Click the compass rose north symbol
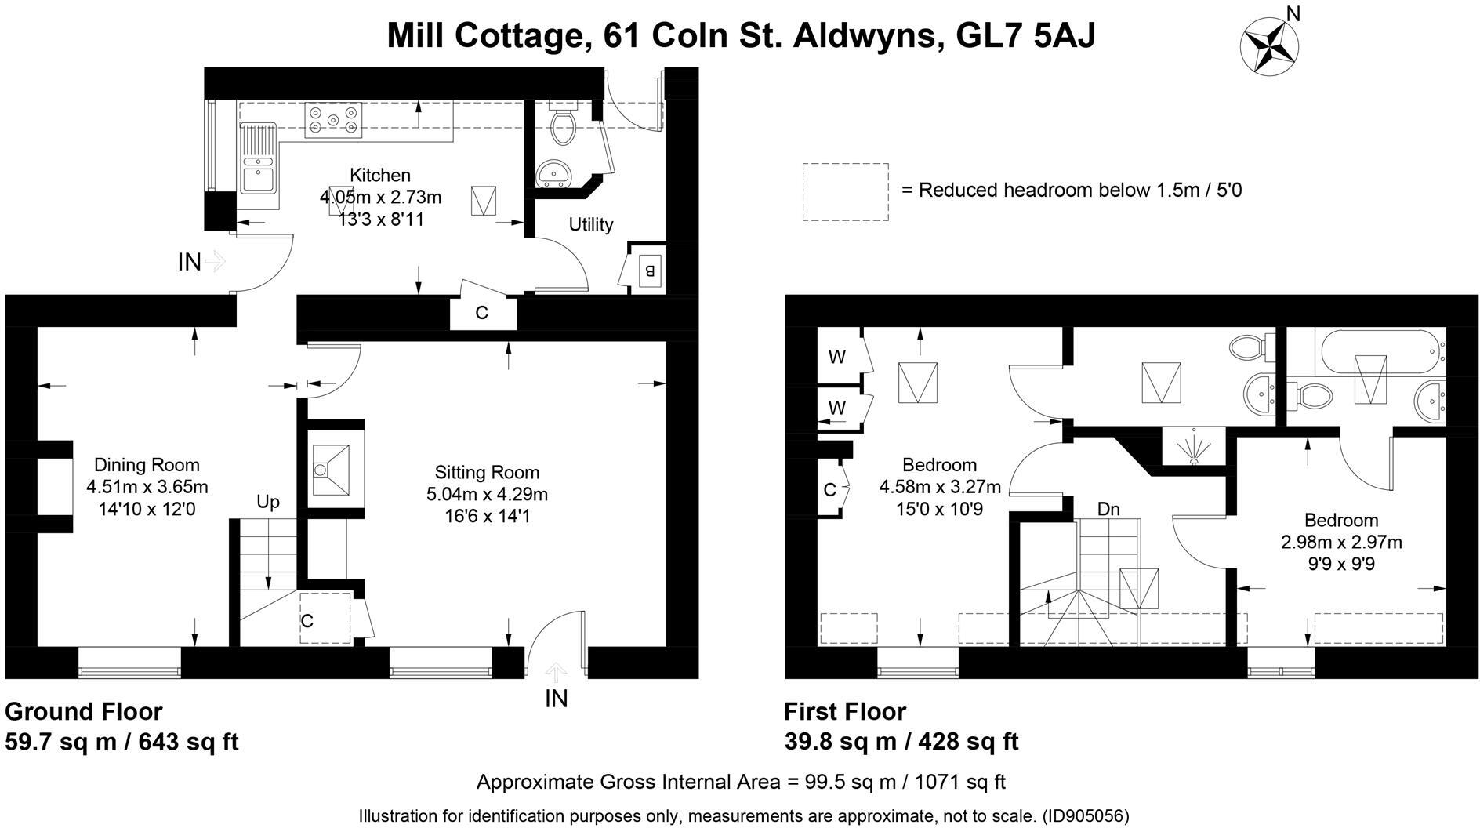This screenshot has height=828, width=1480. [1269, 45]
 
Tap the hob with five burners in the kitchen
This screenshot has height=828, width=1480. [334, 121]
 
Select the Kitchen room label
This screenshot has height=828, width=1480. [380, 175]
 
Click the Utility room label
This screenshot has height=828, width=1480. [590, 225]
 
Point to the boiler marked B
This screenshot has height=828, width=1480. [650, 271]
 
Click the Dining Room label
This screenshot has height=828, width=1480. [147, 465]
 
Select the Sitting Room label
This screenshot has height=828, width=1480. [487, 472]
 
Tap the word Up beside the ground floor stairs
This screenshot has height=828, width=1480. [268, 502]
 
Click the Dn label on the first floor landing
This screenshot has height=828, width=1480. [1108, 510]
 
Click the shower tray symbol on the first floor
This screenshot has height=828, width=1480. [1192, 448]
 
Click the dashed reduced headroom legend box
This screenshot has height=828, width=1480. [845, 192]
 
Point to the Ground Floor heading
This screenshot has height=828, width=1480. [84, 711]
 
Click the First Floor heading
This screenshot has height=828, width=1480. [845, 711]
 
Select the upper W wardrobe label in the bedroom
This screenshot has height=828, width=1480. [837, 358]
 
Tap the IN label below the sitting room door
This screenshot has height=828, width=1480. [556, 698]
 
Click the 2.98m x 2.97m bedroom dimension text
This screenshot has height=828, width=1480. [1340, 542]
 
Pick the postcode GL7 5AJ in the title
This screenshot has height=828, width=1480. [1026, 35]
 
